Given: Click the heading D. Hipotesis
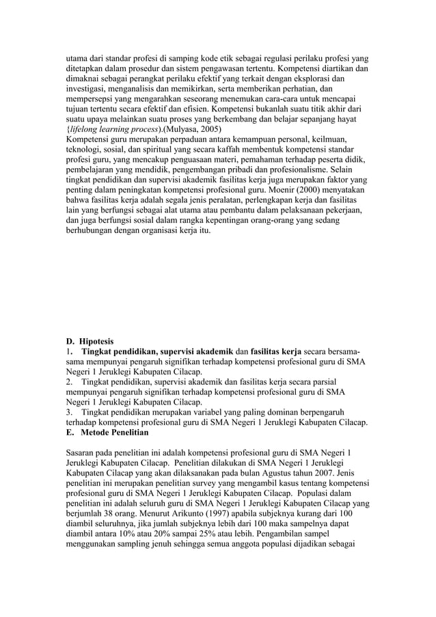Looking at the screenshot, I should point(90,341).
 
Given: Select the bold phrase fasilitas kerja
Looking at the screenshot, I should point(276,351).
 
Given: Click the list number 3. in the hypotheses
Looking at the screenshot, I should point(70,412).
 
